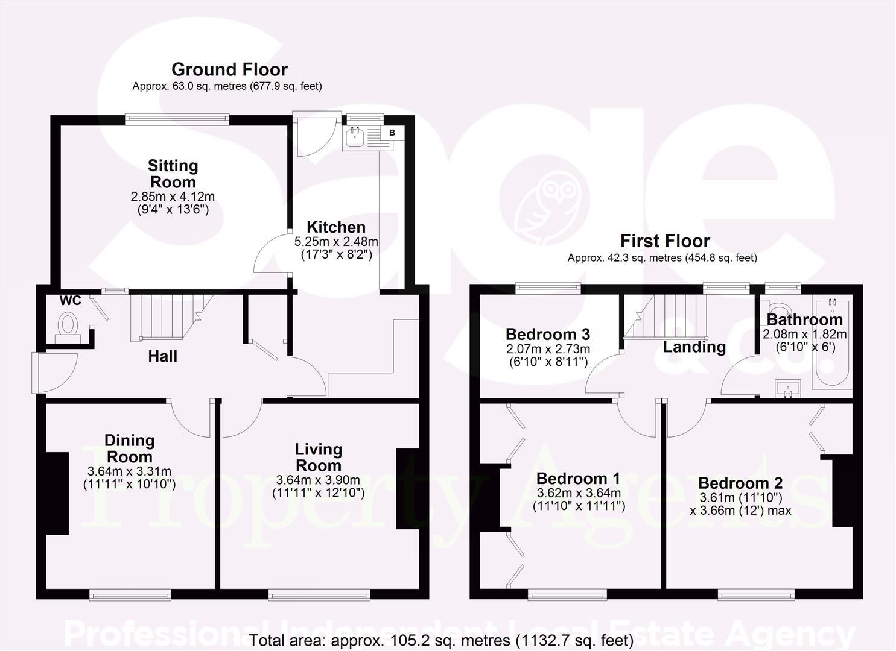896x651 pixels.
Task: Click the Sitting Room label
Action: tap(173, 174)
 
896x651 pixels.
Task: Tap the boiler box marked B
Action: tap(392, 133)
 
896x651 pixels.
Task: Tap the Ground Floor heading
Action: tap(229, 69)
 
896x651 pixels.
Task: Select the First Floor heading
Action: tap(665, 241)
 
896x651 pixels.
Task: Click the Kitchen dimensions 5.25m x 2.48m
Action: tap(336, 242)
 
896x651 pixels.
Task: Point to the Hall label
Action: tap(163, 356)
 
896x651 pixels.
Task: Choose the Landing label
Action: tap(694, 347)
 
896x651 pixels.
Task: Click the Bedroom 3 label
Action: tap(548, 334)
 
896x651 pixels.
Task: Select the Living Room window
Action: tap(319, 596)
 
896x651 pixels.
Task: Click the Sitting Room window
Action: tap(177, 119)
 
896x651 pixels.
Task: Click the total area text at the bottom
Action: tap(441, 640)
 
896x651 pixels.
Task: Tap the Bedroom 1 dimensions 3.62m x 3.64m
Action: tap(579, 493)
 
